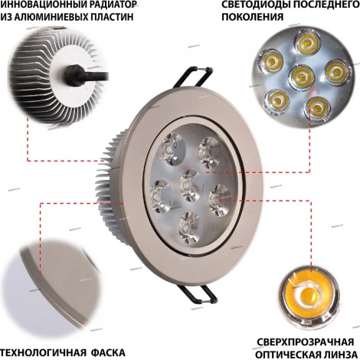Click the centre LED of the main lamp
click(x=188, y=185)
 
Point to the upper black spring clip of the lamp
click(x=198, y=77)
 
